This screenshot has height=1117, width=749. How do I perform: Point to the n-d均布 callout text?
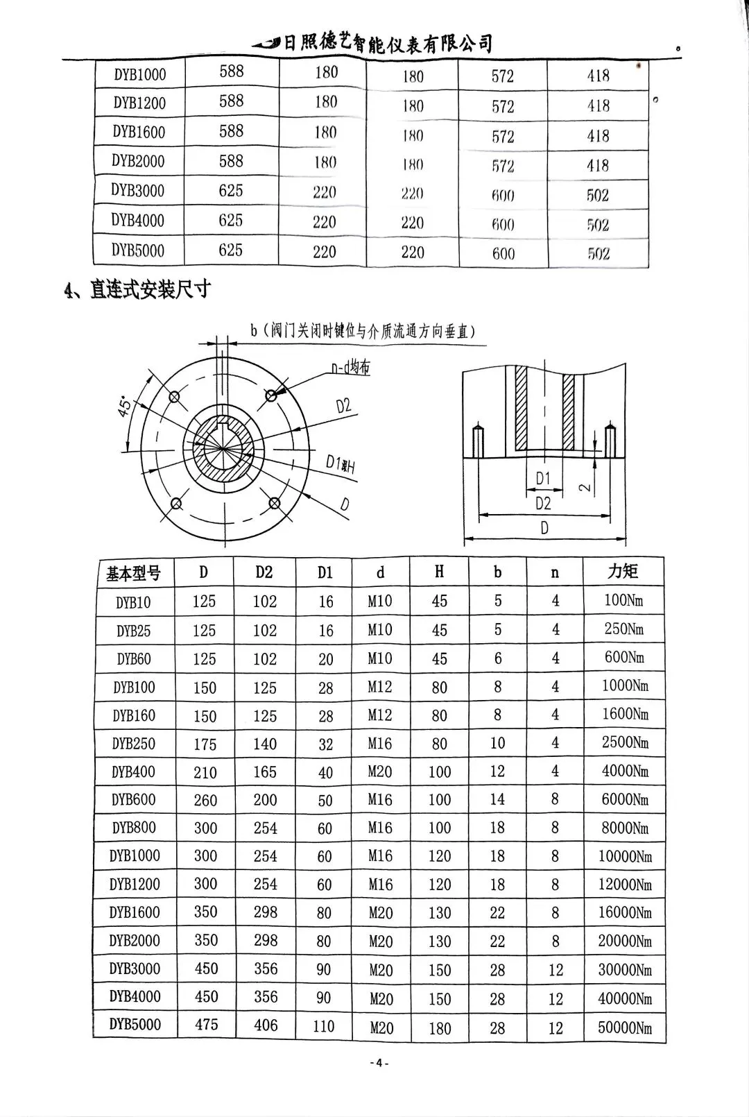click(x=350, y=368)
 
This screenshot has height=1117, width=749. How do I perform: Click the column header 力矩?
click(x=622, y=572)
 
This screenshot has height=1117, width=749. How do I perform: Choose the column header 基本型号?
click(x=133, y=573)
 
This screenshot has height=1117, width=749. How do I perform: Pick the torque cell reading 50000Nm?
click(x=625, y=1028)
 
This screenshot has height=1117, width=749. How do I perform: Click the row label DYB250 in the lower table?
click(x=133, y=744)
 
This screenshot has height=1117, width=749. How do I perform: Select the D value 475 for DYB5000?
click(x=206, y=1025)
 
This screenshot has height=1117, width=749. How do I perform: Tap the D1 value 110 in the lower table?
click(x=324, y=1026)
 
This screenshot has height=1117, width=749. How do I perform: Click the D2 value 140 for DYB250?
click(x=265, y=744)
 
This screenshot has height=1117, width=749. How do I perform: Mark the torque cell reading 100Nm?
click(x=623, y=600)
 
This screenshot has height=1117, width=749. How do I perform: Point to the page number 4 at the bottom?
click(x=379, y=1063)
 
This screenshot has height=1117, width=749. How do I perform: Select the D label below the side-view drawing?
click(x=544, y=529)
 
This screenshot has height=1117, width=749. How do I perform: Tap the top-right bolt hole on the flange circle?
click(x=270, y=395)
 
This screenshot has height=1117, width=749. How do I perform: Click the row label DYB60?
click(x=133, y=659)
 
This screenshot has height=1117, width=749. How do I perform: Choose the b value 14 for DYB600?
click(x=497, y=799)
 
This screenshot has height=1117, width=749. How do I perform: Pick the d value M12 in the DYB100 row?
click(x=380, y=687)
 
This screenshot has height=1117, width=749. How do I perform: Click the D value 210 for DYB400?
click(x=205, y=772)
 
